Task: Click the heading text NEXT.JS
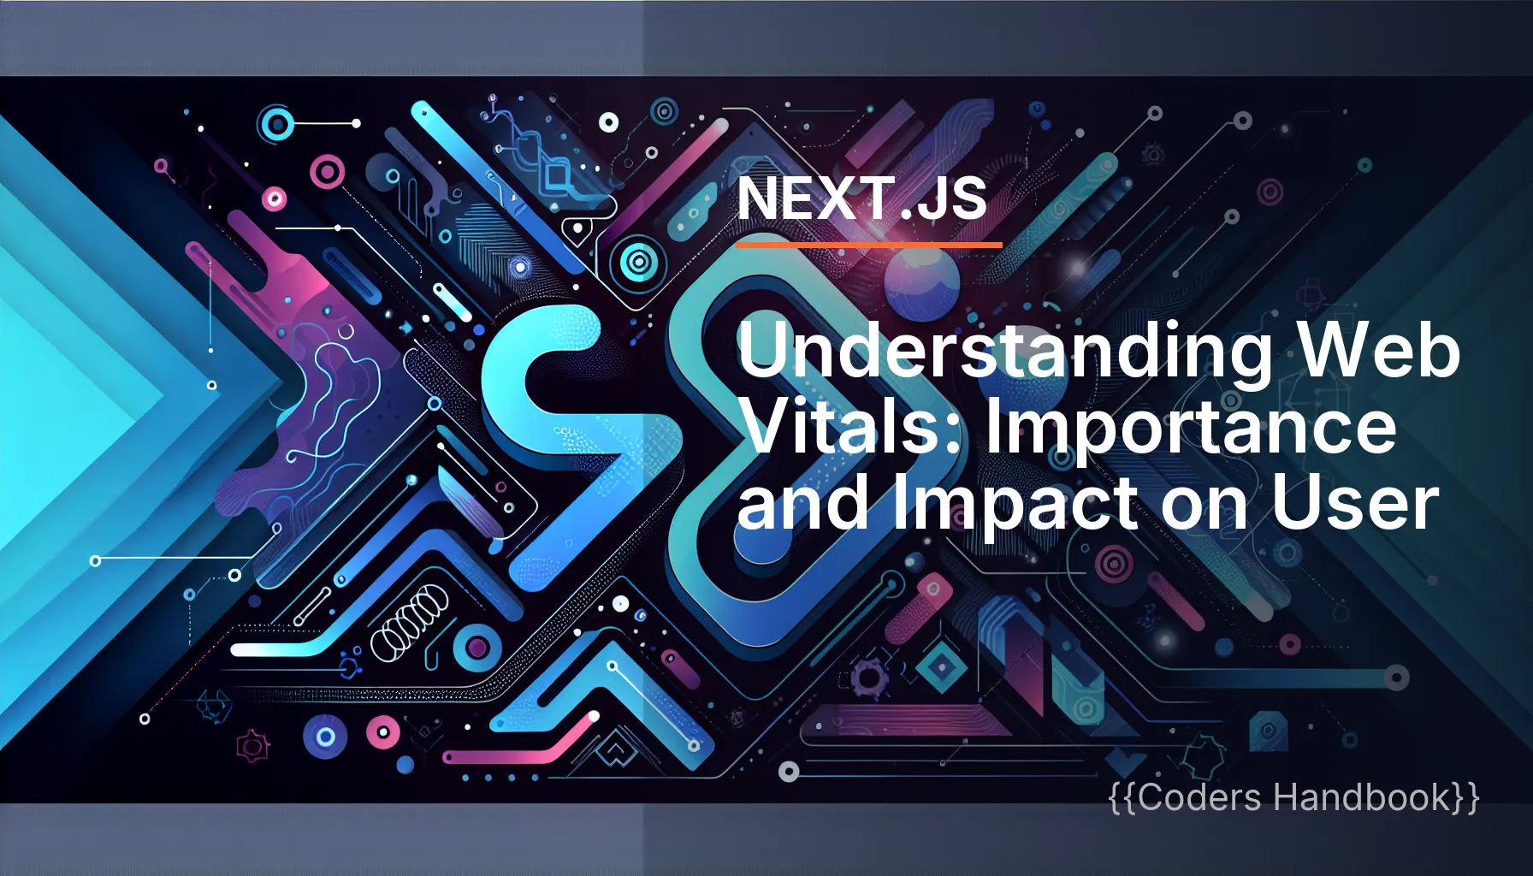[x=861, y=198]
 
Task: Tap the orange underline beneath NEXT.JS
[x=868, y=246]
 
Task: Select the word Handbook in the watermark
[x=1362, y=797]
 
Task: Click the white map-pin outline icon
[x=578, y=230]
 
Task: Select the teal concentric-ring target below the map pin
[x=636, y=262]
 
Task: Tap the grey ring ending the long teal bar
[x=1396, y=678]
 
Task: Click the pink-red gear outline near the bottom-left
[x=252, y=746]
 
